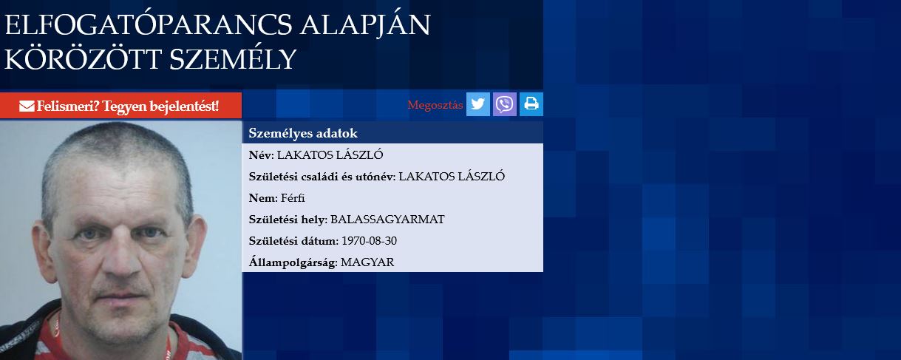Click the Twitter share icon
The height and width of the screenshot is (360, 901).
(x=478, y=104)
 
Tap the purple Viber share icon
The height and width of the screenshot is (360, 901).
(x=504, y=104)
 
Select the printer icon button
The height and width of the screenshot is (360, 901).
(x=531, y=104)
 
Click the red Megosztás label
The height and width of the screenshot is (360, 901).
(x=435, y=105)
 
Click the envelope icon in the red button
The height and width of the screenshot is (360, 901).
(x=27, y=106)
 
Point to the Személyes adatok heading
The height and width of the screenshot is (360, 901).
(x=303, y=133)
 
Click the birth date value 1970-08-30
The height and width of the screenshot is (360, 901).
(x=369, y=241)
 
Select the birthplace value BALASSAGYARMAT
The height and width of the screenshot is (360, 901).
(x=387, y=220)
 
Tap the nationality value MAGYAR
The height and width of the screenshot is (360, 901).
(x=367, y=262)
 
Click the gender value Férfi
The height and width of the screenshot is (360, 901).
(x=293, y=198)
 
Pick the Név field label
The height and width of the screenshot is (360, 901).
(x=261, y=155)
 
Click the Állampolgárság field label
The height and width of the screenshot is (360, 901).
(x=293, y=262)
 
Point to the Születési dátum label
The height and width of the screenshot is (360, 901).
(x=293, y=241)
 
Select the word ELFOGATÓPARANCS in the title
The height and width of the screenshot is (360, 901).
(x=149, y=24)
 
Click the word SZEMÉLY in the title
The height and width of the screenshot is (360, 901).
(x=233, y=60)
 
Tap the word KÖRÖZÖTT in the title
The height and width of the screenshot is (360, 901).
(x=83, y=58)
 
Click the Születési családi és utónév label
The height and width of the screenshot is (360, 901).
(x=322, y=177)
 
